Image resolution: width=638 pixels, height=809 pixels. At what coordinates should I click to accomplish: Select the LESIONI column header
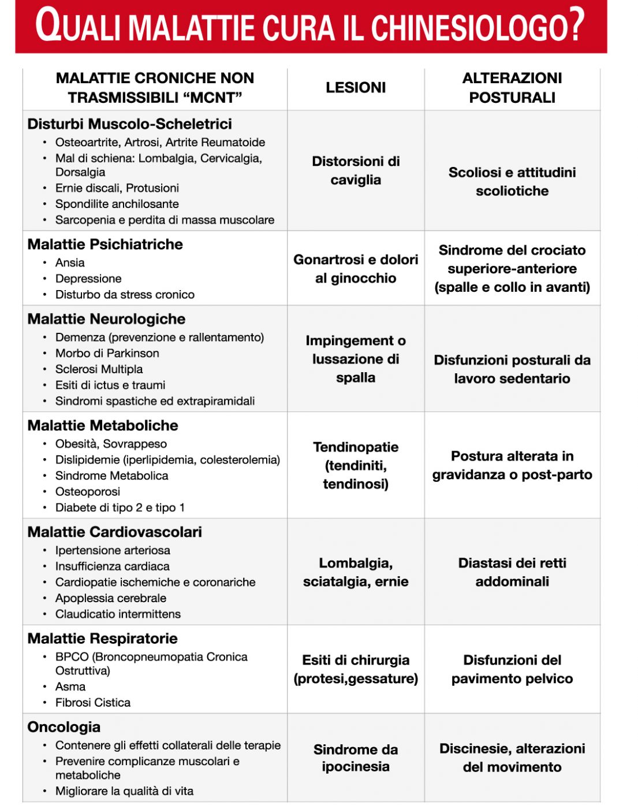(x=356, y=88)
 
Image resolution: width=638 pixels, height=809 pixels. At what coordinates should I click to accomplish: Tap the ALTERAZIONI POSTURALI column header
(x=512, y=88)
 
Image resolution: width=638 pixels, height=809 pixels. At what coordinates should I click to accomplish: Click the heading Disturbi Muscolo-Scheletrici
(x=129, y=124)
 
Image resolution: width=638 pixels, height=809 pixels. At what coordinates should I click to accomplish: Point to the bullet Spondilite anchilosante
(x=117, y=204)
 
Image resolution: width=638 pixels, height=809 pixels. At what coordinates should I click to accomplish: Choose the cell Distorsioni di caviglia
(x=356, y=170)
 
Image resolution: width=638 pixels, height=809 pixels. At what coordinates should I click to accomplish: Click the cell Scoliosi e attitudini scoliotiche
(x=512, y=181)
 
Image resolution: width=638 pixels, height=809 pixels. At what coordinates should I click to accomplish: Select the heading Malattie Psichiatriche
(x=105, y=244)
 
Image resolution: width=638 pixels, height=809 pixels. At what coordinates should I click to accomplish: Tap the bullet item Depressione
(x=88, y=279)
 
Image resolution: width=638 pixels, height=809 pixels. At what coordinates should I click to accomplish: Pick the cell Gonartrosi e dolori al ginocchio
(x=356, y=269)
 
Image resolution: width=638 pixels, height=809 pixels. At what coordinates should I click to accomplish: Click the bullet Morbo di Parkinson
(x=107, y=353)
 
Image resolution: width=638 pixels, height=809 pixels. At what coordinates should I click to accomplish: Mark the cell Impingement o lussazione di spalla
(x=356, y=359)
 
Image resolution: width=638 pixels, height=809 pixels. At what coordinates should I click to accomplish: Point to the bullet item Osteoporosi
(x=88, y=492)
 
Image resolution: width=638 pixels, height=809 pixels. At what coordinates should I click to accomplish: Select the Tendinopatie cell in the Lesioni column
(x=356, y=465)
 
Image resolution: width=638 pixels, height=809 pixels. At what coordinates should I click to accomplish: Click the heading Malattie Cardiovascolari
(x=114, y=532)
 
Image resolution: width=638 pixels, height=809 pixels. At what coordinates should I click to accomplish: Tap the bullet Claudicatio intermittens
(x=118, y=614)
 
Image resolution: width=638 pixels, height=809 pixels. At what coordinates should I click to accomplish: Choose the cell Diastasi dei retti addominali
(x=512, y=572)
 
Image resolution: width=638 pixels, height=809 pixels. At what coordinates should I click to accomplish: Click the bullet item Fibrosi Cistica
(x=93, y=703)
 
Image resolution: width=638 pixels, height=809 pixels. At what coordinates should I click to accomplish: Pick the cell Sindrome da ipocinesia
(x=356, y=758)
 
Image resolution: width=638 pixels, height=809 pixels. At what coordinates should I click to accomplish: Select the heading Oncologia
(x=64, y=728)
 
